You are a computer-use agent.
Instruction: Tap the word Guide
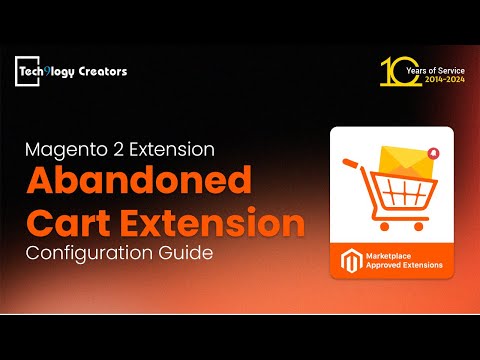tap(187, 254)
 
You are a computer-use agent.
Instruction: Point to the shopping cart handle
tap(349, 164)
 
